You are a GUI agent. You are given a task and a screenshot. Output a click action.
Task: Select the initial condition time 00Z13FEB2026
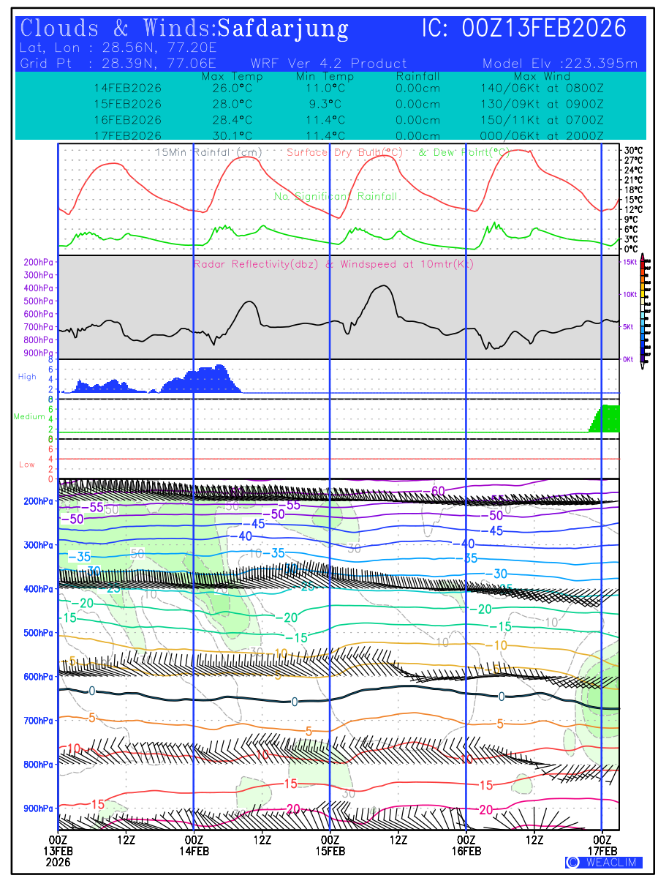pos(544,29)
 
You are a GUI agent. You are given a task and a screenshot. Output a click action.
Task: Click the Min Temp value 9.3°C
pos(325,104)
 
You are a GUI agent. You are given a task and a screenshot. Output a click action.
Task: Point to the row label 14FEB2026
pos(127,88)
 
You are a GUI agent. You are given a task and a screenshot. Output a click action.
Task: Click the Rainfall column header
pos(418,76)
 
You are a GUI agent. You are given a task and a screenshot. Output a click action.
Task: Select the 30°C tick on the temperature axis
pos(632,150)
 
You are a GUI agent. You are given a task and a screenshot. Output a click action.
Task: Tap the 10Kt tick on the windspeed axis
pos(629,294)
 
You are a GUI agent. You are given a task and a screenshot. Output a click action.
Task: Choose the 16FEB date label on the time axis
pos(466,851)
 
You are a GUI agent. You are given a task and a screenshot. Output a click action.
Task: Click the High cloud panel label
pos(27,377)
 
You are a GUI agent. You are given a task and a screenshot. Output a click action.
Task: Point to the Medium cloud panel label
pos(29,417)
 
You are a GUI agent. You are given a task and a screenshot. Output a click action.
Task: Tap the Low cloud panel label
pos(27,465)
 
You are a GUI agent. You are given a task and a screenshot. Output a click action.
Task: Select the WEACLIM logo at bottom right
pos(604,863)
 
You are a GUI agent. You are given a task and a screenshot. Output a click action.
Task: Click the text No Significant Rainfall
pos(336,197)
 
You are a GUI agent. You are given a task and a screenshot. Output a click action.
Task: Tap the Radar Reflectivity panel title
pos(333,264)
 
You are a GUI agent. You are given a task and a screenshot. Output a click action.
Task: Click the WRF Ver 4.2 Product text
pos(329,64)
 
